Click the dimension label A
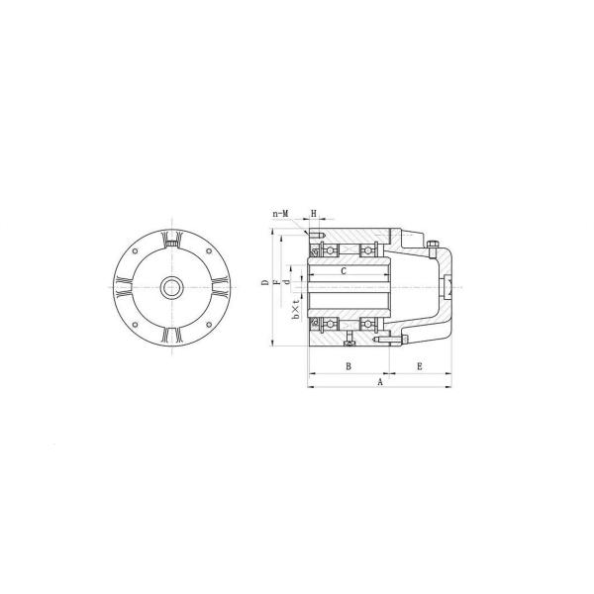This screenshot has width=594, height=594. [x=380, y=382]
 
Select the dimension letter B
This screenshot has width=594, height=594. [x=348, y=366]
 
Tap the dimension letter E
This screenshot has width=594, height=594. [x=420, y=366]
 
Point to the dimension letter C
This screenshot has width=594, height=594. [x=344, y=271]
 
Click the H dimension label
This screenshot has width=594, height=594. [x=314, y=214]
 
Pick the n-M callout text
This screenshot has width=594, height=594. [x=281, y=214]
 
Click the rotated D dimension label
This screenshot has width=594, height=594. [x=265, y=282]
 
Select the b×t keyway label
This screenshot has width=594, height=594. [x=297, y=308]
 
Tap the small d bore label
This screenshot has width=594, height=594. [x=287, y=282]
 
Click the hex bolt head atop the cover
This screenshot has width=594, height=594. [x=433, y=244]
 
